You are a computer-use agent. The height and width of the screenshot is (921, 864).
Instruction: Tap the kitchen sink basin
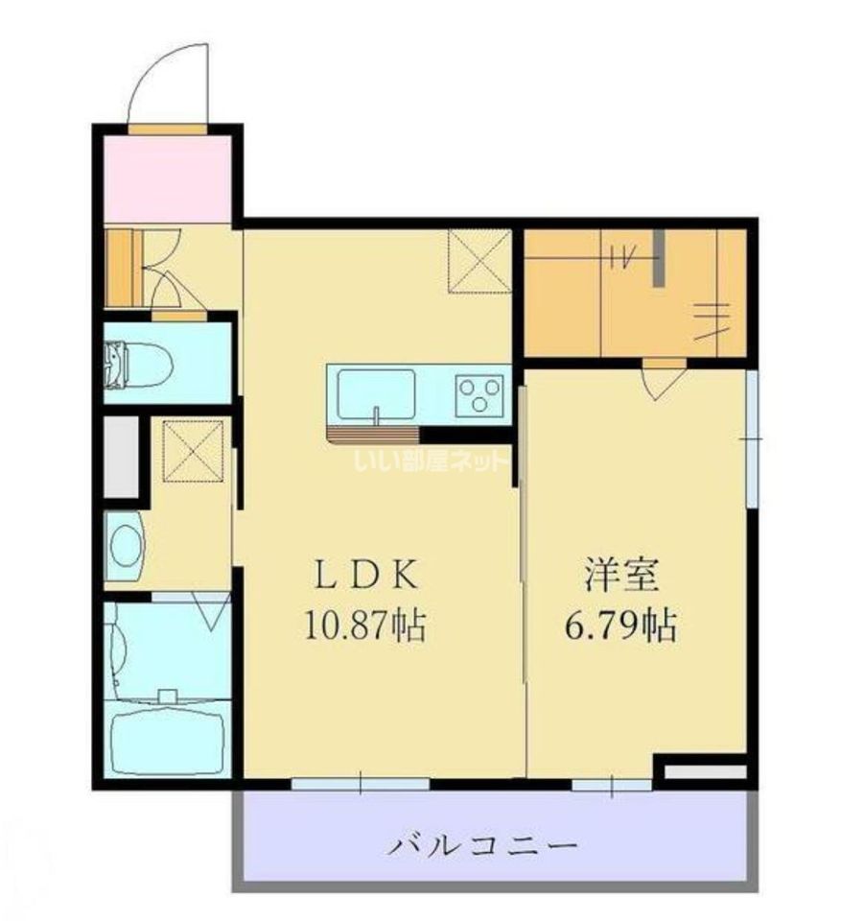point(376,394)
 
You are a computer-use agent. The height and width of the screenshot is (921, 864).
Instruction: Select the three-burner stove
point(480,396)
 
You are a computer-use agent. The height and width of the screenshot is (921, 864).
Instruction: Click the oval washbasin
point(125,546)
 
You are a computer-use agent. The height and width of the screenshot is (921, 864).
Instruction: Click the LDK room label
point(368,575)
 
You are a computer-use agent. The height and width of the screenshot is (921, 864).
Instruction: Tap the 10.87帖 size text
point(364,626)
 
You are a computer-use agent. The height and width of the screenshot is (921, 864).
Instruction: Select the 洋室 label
point(621,575)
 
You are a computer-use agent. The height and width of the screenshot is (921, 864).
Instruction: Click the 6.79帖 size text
point(621,626)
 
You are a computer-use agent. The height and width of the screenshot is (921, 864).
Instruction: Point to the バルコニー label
point(483,846)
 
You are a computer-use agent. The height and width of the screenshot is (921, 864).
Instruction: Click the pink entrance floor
point(167,179)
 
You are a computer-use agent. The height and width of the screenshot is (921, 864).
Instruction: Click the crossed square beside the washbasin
point(194,451)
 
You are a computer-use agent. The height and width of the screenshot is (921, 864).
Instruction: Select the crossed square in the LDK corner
point(479,261)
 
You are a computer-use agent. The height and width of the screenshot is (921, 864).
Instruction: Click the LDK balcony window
point(361,784)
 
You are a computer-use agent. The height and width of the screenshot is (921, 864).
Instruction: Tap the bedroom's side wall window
point(752,438)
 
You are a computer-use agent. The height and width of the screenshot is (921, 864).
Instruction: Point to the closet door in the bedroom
point(665,379)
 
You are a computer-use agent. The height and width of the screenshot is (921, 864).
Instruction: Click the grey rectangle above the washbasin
point(122,457)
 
